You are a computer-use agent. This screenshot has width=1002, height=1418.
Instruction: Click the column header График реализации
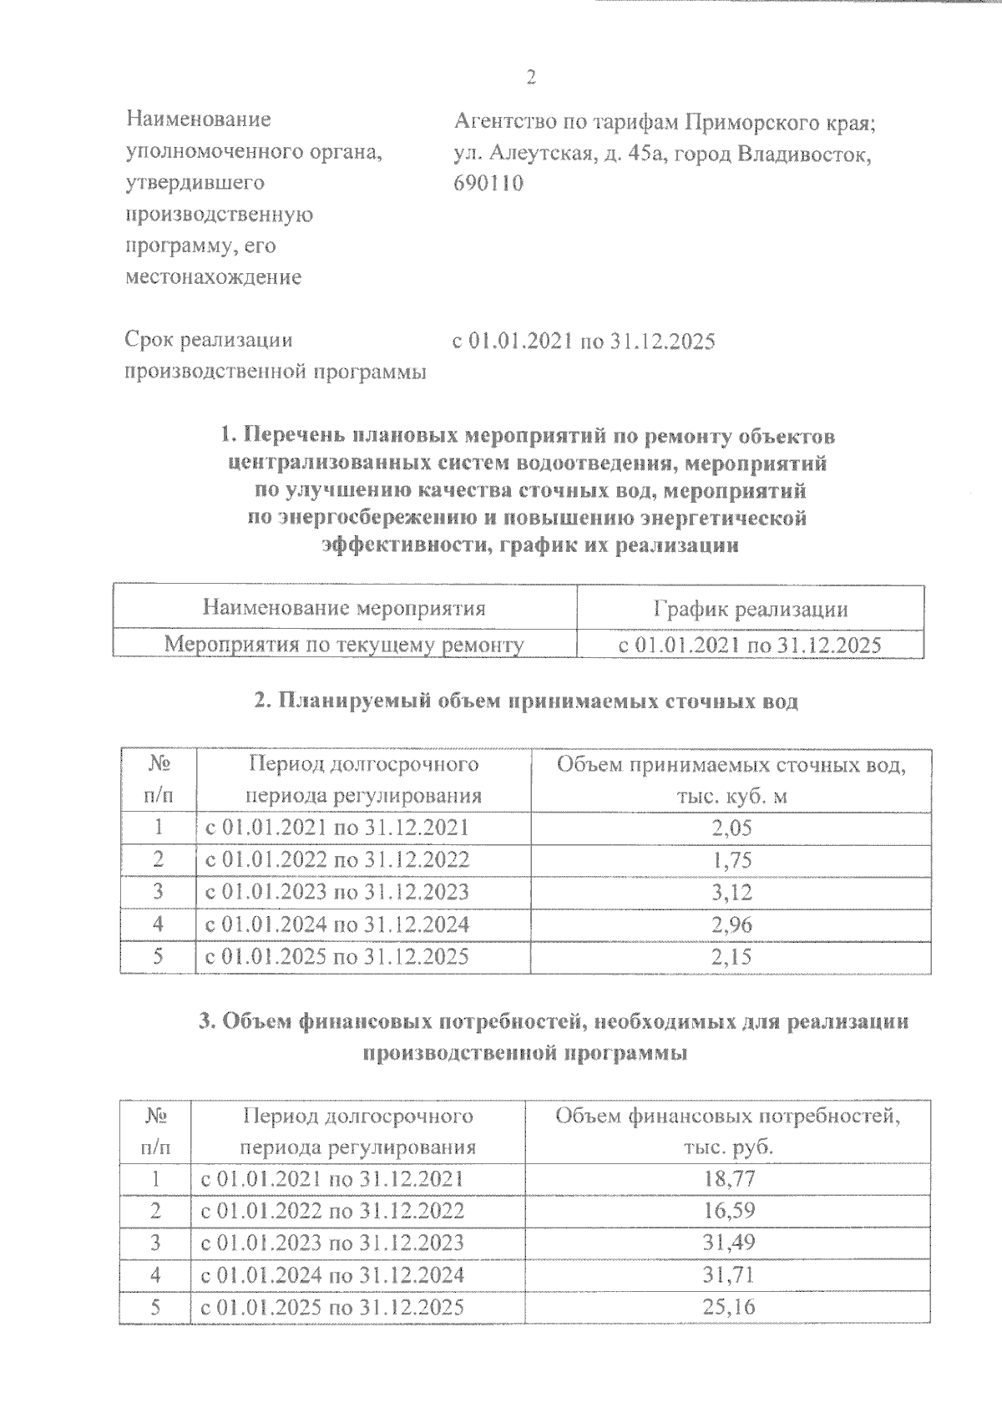pos(750,609)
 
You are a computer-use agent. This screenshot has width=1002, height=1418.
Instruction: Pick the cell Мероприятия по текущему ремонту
pos(344,645)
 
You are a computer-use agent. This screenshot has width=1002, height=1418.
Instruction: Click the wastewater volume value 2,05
pos(731,828)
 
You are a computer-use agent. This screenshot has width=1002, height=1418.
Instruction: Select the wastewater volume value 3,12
pos(731,892)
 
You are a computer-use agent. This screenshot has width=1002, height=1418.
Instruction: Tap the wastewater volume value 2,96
pos(731,924)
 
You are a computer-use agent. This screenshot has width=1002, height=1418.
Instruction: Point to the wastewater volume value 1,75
pos(731,860)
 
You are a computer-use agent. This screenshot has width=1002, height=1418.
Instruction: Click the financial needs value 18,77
pos(729,1179)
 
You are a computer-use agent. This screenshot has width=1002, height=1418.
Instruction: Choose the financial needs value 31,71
pos(729,1275)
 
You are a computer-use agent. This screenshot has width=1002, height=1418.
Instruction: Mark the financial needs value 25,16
pos(729,1307)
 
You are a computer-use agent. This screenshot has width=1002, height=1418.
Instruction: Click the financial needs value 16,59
pos(729,1211)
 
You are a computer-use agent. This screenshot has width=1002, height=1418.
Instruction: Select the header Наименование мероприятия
pos(344,608)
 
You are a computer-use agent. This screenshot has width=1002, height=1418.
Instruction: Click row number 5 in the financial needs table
pos(155,1307)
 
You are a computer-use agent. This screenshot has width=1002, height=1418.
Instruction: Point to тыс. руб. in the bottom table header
pos(728,1147)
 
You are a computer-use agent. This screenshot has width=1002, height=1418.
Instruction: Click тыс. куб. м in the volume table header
pos(731,796)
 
